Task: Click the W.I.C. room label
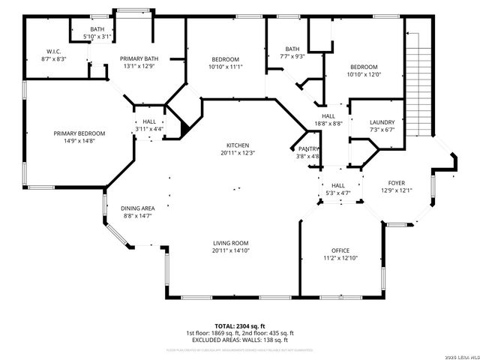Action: [53, 52]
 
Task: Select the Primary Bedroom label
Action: [79, 133]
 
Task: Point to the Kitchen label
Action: [238, 145]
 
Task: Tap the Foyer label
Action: [396, 183]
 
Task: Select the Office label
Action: [340, 250]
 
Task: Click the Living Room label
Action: [230, 243]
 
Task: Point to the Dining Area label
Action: [138, 208]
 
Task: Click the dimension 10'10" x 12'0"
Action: [364, 74]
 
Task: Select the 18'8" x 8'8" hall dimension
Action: [328, 124]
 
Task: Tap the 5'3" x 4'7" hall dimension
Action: [337, 193]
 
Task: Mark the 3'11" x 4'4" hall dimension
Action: [148, 129]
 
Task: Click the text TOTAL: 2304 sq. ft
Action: [240, 326]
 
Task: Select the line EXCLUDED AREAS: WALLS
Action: [240, 340]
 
